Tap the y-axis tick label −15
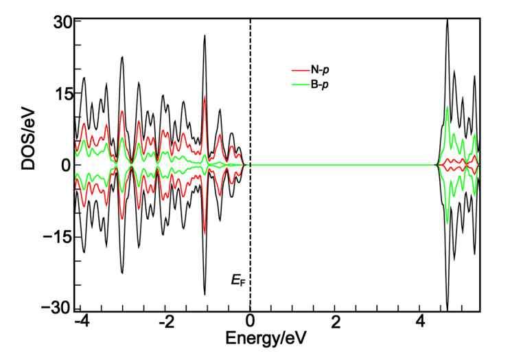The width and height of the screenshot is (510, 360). (55, 236)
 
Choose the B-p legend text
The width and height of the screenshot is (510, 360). (324, 85)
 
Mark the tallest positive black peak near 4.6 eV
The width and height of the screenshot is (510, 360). (448, 21)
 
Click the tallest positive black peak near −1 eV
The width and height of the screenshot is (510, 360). (205, 36)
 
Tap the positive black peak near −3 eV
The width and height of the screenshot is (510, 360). (122, 57)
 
